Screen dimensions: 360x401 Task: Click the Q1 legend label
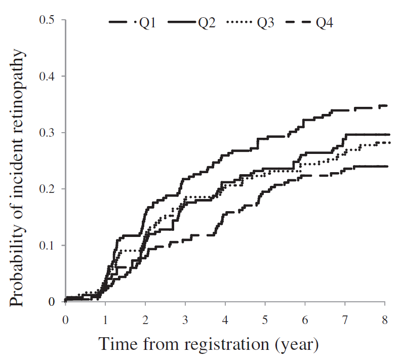(x=147, y=23)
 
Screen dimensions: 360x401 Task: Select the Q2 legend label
(x=207, y=23)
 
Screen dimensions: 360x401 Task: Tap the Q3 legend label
(x=266, y=23)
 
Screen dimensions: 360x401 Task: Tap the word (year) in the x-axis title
(x=299, y=346)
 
